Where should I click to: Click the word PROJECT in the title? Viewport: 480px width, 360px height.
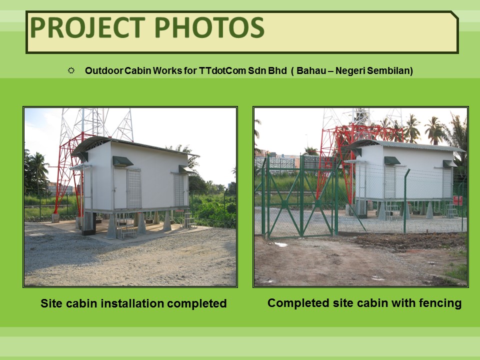click(87, 27)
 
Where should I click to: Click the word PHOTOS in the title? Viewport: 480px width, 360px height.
click(209, 27)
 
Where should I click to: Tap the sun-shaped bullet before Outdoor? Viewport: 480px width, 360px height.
click(71, 70)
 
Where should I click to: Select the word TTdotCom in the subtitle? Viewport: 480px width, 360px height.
click(222, 70)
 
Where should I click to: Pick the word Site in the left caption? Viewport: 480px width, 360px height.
click(51, 303)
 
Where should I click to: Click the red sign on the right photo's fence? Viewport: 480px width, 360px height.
click(457, 200)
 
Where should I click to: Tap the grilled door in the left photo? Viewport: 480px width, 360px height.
click(134, 188)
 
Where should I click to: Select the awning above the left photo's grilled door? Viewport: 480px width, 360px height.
click(123, 161)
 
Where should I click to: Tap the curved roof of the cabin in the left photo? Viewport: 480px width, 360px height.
click(134, 145)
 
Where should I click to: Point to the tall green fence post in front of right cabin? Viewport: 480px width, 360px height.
click(405, 201)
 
